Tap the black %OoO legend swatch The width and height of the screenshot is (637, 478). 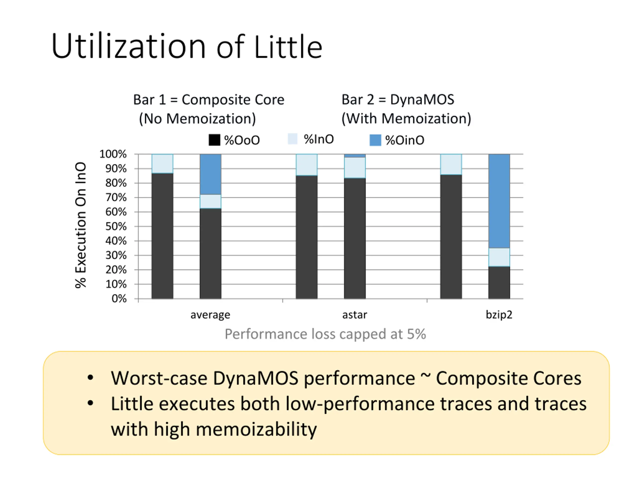click(x=214, y=140)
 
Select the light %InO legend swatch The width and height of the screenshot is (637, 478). click(x=292, y=139)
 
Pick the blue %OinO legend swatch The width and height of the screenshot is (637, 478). click(x=375, y=140)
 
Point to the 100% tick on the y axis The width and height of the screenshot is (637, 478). click(x=113, y=154)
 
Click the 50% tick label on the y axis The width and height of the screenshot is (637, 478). click(x=116, y=227)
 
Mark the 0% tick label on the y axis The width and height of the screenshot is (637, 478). click(x=119, y=299)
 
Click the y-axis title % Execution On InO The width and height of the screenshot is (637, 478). click(x=81, y=225)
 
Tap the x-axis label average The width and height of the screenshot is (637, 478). click(x=210, y=315)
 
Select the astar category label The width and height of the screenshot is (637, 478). click(x=355, y=315)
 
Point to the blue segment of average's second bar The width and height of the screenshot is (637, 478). click(x=211, y=174)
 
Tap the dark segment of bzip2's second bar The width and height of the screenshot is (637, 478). click(x=499, y=283)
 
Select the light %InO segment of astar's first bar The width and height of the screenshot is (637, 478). click(x=307, y=165)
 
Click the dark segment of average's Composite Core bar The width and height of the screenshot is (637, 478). click(x=162, y=236)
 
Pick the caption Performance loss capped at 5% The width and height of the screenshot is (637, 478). click(x=325, y=334)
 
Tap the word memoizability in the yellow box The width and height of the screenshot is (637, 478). click(x=256, y=429)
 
